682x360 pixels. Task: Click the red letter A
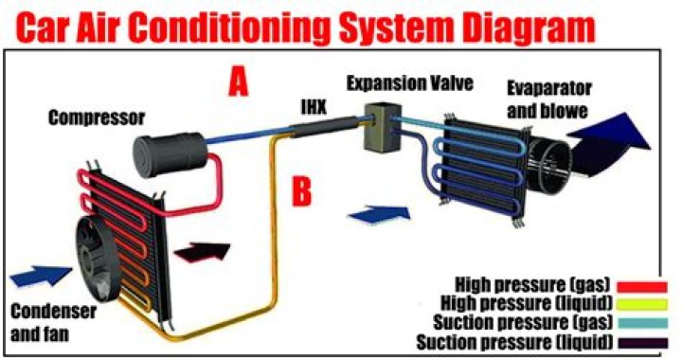[238, 84]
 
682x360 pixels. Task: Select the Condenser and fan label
[46, 323]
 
